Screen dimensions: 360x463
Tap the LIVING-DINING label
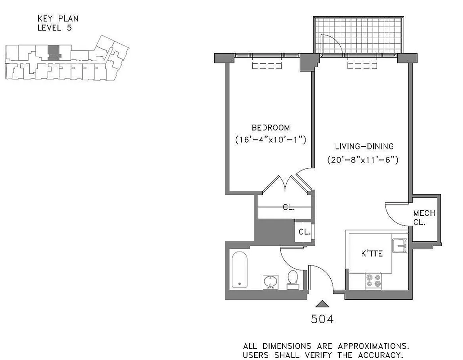364,146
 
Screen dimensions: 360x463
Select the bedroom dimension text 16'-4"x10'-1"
271,139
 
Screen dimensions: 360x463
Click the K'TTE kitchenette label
372,254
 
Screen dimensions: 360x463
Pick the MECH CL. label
424,218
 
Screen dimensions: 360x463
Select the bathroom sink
271,282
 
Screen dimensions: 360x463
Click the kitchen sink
399,246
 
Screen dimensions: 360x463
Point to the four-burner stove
373,281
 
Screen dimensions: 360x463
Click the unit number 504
323,319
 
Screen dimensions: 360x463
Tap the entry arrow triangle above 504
323,304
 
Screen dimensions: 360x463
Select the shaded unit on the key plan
54,52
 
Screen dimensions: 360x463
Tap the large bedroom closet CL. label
289,207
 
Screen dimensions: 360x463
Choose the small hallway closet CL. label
305,232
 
